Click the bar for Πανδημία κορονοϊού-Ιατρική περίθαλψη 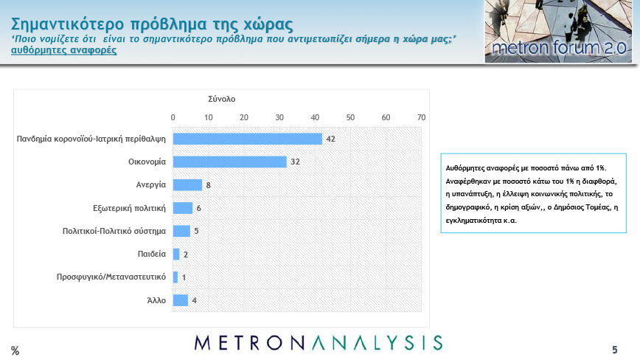point(247,139)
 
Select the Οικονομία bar point(230,162)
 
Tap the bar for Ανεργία point(187,185)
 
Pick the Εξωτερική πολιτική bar point(183,208)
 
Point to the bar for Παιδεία point(176,254)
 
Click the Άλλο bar point(181,300)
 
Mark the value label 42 point(330,139)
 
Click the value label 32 point(295,162)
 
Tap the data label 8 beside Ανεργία point(208,185)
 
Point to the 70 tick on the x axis point(421,117)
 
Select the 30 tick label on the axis point(279,117)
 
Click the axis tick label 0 point(173,117)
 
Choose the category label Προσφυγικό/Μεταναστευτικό point(111,277)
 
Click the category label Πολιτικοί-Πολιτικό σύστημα point(114,231)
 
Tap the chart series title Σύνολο point(222,99)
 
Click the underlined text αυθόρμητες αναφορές point(63,50)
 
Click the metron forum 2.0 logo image point(558,32)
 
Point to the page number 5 point(615,350)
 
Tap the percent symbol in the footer point(15,350)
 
